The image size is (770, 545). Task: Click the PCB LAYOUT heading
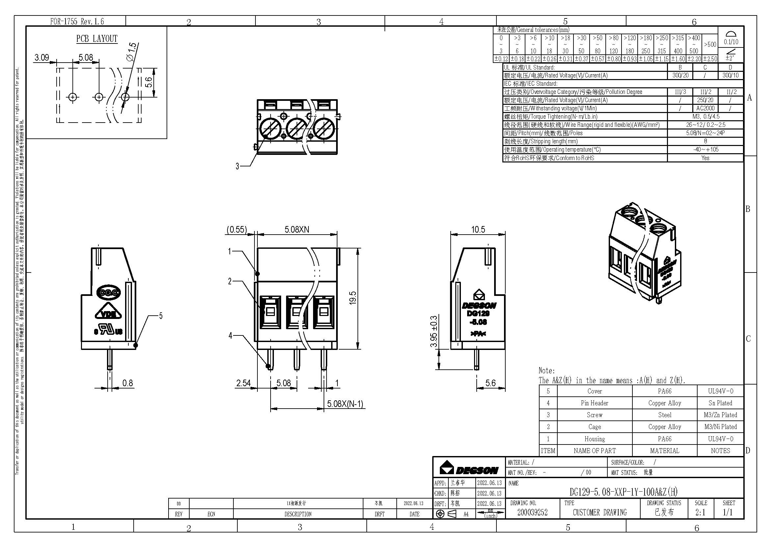[x=97, y=39]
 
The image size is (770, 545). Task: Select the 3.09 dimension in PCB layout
[x=41, y=58]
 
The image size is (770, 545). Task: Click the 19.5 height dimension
[x=353, y=298]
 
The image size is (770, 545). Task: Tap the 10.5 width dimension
[x=478, y=230]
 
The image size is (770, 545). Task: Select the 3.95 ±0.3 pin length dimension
[x=434, y=331]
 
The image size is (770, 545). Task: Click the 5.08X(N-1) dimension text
[x=345, y=404]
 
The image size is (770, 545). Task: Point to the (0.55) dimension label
[x=237, y=230]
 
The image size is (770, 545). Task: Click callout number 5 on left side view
[x=161, y=316]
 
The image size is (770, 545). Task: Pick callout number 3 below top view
[x=237, y=166]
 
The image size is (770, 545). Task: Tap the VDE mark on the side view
[x=109, y=314]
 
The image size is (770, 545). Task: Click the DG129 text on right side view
[x=478, y=313]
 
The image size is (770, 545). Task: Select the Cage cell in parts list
[x=594, y=427]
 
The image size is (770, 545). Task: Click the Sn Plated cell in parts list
[x=720, y=403]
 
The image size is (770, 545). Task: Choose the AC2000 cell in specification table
[x=705, y=108]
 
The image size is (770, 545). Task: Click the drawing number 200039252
[x=532, y=512]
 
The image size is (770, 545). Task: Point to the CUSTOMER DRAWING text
[x=599, y=512]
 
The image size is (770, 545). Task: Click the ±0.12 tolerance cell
[x=501, y=59]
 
